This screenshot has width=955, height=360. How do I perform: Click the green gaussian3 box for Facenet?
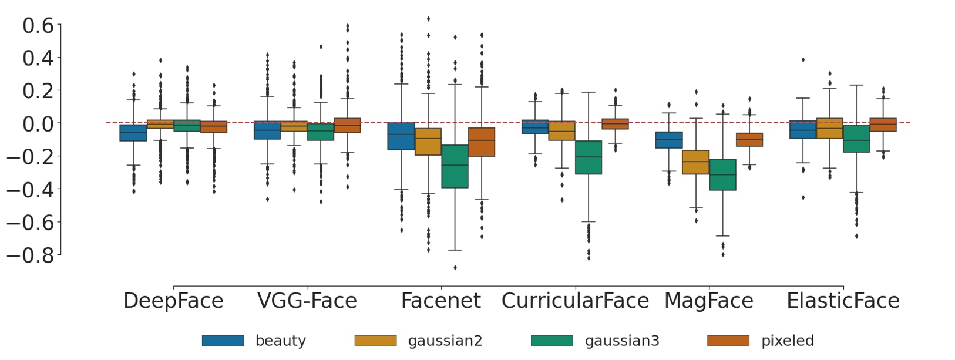tap(455, 166)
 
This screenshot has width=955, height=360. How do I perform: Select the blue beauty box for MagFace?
tap(669, 140)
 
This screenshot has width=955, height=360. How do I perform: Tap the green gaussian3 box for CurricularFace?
tap(589, 157)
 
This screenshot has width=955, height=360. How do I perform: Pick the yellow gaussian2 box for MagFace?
tap(696, 162)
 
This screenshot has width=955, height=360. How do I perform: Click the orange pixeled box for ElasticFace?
tap(883, 125)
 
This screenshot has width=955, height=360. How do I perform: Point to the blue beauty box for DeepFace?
tap(133, 133)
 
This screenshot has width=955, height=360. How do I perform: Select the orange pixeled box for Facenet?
tap(482, 142)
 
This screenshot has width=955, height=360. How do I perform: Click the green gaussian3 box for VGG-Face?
tap(321, 132)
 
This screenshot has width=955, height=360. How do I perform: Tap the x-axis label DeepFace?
tap(173, 301)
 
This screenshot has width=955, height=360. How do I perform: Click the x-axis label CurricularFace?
tap(575, 301)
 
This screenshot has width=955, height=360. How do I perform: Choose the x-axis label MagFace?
tap(708, 301)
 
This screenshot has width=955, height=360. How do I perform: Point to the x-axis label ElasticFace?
tap(843, 301)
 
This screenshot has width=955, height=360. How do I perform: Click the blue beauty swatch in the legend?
tap(223, 341)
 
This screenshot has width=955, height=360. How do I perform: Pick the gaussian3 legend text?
tap(622, 341)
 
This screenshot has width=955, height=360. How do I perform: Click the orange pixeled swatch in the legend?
tap(728, 341)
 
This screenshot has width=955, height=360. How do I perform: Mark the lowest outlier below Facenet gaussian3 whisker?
tap(455, 268)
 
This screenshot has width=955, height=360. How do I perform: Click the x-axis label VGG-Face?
tap(307, 301)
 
